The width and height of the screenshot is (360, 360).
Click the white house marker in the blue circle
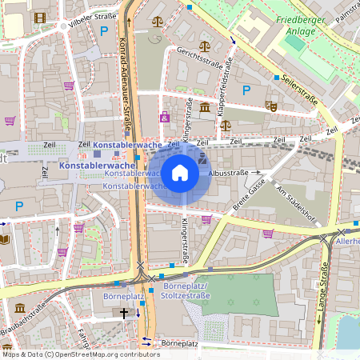pyautogui.click(x=180, y=173)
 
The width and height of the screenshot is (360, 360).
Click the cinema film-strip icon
pyautogui.click(x=202, y=160)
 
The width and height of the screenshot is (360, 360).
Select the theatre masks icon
pyautogui.click(x=271, y=105)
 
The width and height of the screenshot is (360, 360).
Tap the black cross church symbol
pyautogui.click(x=124, y=314)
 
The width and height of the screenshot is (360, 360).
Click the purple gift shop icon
pyautogui.click(x=165, y=118)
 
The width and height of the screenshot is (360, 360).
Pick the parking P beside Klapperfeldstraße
pyautogui.click(x=246, y=90)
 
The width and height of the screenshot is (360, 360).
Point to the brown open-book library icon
pyautogui.click(x=5, y=238)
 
